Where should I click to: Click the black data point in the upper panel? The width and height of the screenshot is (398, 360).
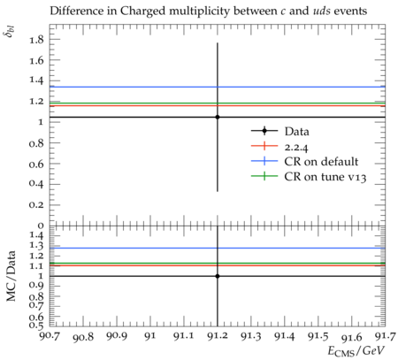(218, 117)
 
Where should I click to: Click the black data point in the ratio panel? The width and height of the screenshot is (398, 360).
(218, 276)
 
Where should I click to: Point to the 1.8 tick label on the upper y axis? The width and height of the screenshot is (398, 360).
(36, 39)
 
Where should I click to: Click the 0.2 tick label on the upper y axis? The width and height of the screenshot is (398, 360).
(36, 205)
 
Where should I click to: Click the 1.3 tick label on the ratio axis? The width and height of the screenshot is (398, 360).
(36, 245)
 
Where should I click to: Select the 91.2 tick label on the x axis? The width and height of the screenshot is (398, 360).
(218, 336)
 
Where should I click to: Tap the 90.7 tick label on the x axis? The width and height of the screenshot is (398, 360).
(50, 336)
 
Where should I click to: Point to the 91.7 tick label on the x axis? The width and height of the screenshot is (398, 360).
(385, 336)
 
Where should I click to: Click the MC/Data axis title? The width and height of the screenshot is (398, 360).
(11, 276)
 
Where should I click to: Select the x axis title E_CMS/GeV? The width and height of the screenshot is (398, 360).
(356, 351)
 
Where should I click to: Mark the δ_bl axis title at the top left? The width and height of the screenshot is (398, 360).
(11, 31)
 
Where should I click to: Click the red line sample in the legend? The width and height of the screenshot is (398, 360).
(264, 146)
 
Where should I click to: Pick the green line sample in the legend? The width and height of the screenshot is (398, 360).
(264, 176)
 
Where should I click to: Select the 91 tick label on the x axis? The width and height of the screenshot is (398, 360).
(150, 336)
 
